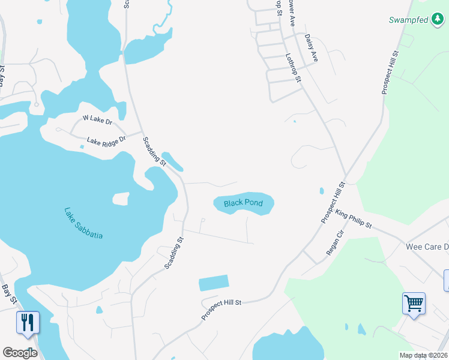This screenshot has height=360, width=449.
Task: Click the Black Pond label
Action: (x=243, y=203)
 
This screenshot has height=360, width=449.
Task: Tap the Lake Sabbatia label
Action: (x=83, y=223)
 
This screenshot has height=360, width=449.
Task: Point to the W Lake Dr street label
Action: (x=97, y=121)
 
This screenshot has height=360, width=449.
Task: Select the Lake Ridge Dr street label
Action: (x=106, y=140)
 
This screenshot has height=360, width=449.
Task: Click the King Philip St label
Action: (x=354, y=220)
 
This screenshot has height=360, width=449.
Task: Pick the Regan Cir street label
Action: (x=334, y=242)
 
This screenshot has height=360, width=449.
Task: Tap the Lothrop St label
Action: (x=293, y=67)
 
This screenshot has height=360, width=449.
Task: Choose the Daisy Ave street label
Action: (x=311, y=48)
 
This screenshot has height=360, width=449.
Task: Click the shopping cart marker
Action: (x=414, y=304)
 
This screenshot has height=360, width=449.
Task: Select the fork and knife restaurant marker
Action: (x=28, y=323)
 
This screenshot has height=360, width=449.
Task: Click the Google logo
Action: (x=20, y=353)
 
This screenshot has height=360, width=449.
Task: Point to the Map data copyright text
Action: (x=422, y=355)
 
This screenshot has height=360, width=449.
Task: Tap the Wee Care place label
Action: (x=427, y=247)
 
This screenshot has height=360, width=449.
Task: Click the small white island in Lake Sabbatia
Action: (x=121, y=199)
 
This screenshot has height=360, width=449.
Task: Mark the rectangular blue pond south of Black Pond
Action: (x=214, y=284)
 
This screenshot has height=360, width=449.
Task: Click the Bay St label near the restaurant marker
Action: (x=9, y=294)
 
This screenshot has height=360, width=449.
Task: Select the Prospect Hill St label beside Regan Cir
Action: (x=334, y=203)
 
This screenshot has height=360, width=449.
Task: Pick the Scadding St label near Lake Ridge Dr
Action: (x=154, y=151)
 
